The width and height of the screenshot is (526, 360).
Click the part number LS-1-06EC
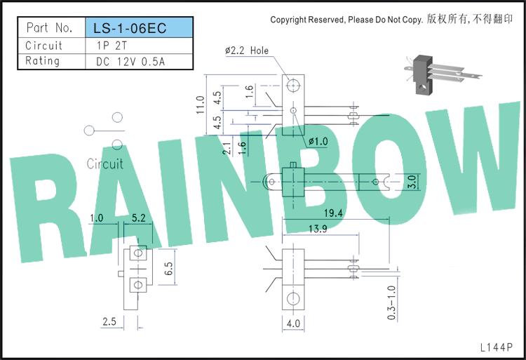coord(130,28)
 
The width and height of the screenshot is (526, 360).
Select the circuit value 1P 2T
coord(112,46)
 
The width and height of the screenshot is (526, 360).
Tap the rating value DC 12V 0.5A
coord(130,62)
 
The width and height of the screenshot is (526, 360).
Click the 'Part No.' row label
coord(49,27)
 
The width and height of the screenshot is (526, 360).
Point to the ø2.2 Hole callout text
coord(247,51)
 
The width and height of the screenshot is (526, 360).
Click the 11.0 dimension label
coord(201,105)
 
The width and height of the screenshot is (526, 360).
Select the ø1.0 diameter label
coord(318,142)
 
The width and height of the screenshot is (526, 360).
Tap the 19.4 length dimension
coord(333,213)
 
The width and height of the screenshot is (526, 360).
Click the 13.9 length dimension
coord(318,229)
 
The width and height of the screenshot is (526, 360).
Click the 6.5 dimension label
coord(168,268)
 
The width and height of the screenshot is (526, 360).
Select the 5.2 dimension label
coord(139,218)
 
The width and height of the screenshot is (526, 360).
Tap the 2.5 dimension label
coord(109,321)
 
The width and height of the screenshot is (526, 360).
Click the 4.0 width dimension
coord(293,324)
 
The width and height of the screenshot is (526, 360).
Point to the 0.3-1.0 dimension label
coord(391,302)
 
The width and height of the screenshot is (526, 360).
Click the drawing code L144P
coord(497,347)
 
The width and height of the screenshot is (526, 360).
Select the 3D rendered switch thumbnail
coord(443,74)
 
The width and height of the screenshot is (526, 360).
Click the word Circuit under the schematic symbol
coord(105,164)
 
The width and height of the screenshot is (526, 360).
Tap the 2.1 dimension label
coord(227,148)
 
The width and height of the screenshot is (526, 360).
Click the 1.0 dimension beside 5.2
coord(96,218)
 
